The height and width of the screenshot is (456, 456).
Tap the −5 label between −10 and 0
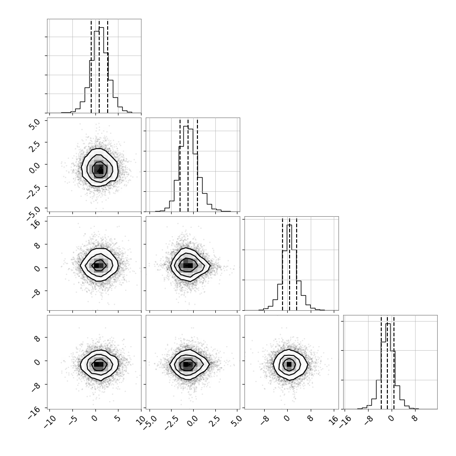[x=73, y=421]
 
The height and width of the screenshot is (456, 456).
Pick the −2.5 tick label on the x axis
[x=170, y=423]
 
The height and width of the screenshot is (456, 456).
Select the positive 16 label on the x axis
[x=334, y=420]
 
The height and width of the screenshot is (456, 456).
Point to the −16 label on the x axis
[x=345, y=422]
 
